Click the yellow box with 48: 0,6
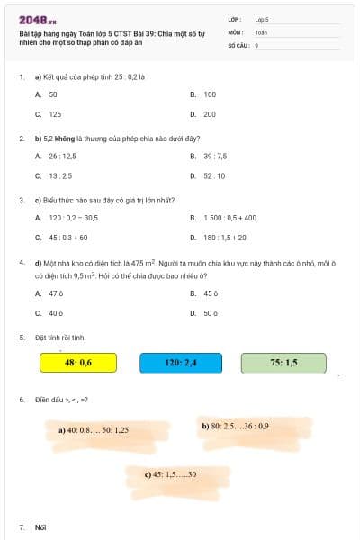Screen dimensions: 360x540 (x=78, y=363)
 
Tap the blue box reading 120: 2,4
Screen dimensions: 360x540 (x=181, y=363)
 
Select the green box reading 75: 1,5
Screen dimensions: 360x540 (x=283, y=363)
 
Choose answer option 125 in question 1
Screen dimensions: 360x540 (x=55, y=114)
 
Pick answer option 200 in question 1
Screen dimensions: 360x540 (x=210, y=114)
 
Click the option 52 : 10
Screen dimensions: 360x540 (x=214, y=175)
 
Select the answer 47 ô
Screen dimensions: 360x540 (x=56, y=292)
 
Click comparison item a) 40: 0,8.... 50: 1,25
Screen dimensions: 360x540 (x=94, y=430)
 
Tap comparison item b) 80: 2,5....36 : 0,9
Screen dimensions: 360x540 (x=235, y=425)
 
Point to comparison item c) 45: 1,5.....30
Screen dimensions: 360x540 (x=170, y=473)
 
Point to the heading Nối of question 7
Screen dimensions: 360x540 (x=40, y=526)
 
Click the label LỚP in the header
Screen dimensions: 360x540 (x=235, y=18)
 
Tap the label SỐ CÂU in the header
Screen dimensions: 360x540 (x=238, y=44)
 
